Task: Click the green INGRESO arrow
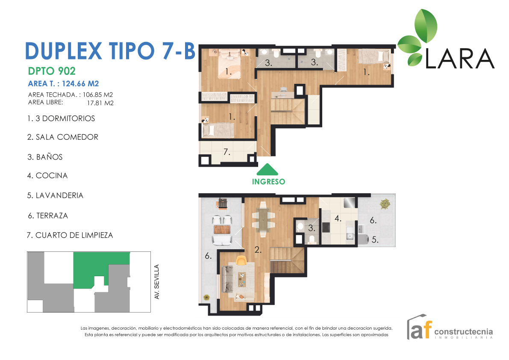268,169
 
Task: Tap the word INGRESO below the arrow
268,182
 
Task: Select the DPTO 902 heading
52,71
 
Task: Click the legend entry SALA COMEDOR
63,137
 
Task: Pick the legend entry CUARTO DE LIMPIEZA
70,235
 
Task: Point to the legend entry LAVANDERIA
55,195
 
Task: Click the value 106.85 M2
98,95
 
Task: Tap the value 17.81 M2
100,103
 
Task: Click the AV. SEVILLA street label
157,282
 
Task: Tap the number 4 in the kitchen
338,218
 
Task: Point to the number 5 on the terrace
375,240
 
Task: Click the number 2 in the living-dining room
258,250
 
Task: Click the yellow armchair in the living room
241,260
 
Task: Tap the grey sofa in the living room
227,278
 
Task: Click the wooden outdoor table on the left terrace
222,230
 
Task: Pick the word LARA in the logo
460,59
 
